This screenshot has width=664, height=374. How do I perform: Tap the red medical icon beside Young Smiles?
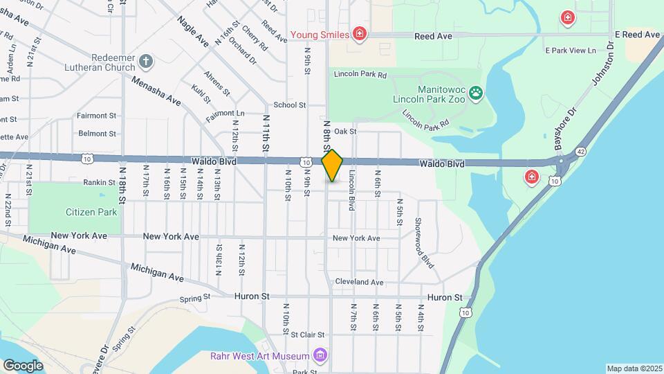point(359,33)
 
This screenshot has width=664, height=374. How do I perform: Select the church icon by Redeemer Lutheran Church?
point(145,62)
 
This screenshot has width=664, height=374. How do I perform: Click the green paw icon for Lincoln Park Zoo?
point(477,93)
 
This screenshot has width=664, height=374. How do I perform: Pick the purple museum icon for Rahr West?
point(320,356)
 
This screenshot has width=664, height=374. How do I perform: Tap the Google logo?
point(23,365)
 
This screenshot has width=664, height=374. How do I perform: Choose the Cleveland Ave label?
point(359,282)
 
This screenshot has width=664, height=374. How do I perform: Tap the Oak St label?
point(344,131)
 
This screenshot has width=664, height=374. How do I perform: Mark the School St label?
point(289,105)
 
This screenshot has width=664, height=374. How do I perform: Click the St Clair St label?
point(307,335)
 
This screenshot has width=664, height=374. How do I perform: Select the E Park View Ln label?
point(571,51)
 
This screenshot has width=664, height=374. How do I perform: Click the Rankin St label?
point(98,182)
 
